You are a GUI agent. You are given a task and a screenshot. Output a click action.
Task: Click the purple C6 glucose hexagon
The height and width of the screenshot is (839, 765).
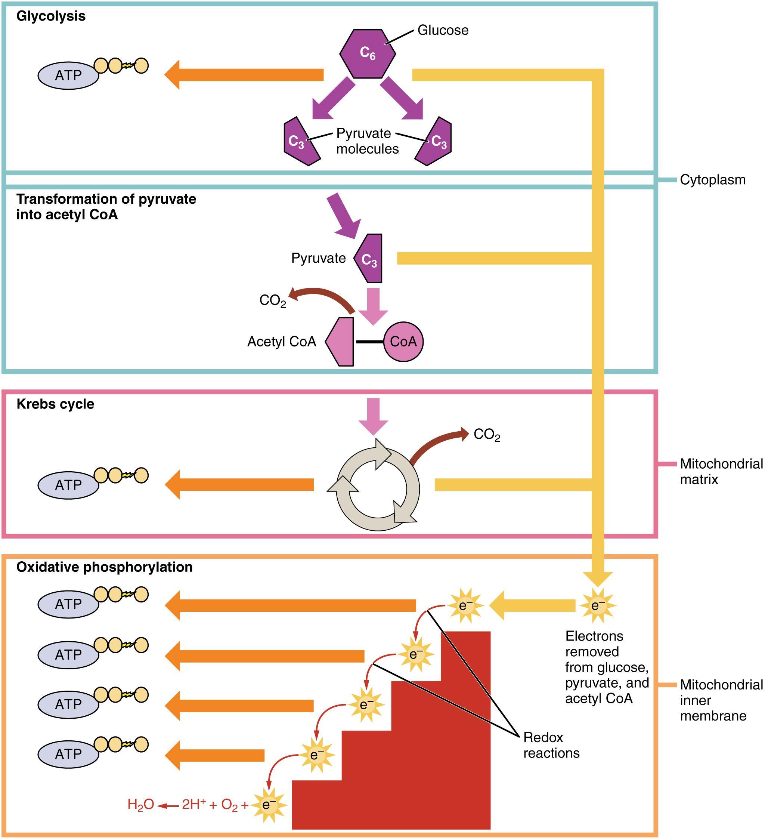pos(367,53)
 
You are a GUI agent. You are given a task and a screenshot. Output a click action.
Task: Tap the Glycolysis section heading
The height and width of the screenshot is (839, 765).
pos(51,16)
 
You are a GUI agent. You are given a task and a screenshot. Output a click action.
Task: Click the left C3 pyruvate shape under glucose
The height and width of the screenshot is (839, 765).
pos(300,142)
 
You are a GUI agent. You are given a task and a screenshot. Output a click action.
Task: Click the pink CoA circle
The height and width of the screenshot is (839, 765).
pos(403,342)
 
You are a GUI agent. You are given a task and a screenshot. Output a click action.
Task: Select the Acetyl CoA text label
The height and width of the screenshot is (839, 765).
pos(282,342)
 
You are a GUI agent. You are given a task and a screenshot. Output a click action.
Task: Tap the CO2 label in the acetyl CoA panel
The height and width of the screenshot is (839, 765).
pos(272,300)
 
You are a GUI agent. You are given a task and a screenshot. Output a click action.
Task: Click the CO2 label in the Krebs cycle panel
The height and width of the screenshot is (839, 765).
pos(487,435)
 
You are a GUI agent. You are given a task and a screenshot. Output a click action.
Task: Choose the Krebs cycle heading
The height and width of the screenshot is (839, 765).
pos(55,404)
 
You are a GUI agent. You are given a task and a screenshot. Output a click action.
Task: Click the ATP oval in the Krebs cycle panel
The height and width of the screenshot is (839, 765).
pos(68,485)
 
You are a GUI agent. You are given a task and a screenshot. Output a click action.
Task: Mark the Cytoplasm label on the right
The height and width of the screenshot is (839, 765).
pos(713,180)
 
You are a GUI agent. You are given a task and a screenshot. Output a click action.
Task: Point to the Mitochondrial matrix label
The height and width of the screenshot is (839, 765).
pos(721,472)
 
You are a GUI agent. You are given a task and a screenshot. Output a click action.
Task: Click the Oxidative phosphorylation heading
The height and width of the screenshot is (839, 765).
pos(105,567)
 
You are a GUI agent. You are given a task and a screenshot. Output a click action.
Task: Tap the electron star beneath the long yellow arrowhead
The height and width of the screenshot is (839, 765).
pos(598,605)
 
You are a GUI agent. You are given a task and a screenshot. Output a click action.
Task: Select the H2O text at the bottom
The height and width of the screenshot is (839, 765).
pos(140,805)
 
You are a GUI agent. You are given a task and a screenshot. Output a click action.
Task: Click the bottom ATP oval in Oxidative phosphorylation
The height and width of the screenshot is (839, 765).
pos(68,754)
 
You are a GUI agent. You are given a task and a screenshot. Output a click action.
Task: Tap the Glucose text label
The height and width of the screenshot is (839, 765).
pos(443,30)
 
